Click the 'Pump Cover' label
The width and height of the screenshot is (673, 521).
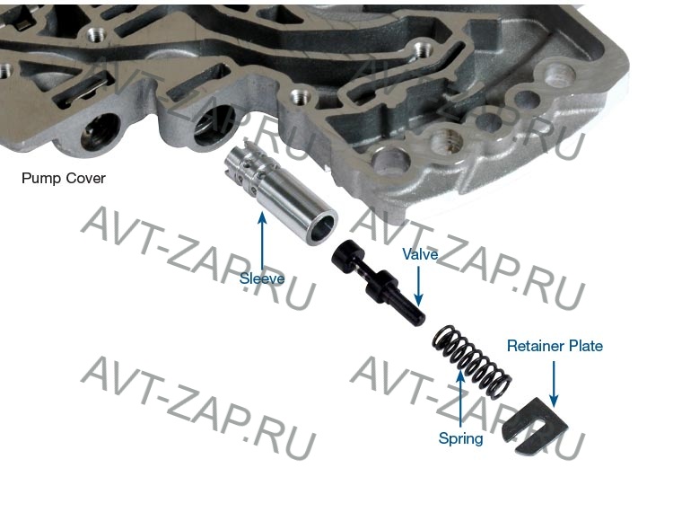64,178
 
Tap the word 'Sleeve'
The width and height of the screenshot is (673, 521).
262,278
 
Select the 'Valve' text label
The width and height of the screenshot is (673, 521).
420,254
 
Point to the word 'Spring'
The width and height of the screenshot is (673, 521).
460,438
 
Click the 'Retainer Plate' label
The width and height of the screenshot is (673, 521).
555,346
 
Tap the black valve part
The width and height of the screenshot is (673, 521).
378,282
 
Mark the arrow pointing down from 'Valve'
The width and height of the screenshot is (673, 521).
418,285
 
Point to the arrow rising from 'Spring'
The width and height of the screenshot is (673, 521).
460,400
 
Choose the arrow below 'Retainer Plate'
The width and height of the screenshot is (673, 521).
554,384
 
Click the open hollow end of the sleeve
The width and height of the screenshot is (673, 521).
323,228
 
